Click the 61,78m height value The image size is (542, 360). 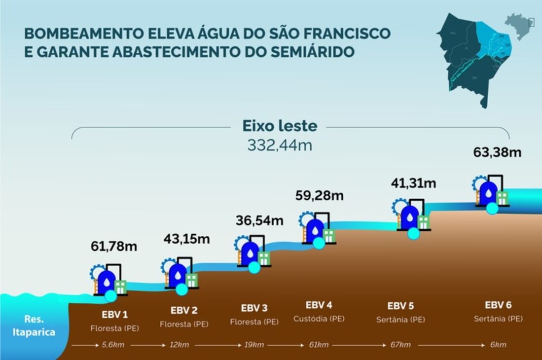pyautogui.click(x=113, y=246)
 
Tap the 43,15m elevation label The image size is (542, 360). pyautogui.click(x=186, y=239)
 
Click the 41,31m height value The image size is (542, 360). pyautogui.click(x=413, y=183)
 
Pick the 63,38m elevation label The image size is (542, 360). pyautogui.click(x=497, y=152)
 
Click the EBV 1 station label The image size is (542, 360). pyautogui.click(x=111, y=314)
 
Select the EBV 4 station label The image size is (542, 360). pyautogui.click(x=319, y=305)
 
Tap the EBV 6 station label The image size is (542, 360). pyautogui.click(x=498, y=305)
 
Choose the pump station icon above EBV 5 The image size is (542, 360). pyautogui.click(x=411, y=217)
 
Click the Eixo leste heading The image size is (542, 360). pyautogui.click(x=280, y=126)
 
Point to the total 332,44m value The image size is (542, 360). pyautogui.click(x=280, y=145)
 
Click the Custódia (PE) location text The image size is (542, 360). pyautogui.click(x=319, y=319)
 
